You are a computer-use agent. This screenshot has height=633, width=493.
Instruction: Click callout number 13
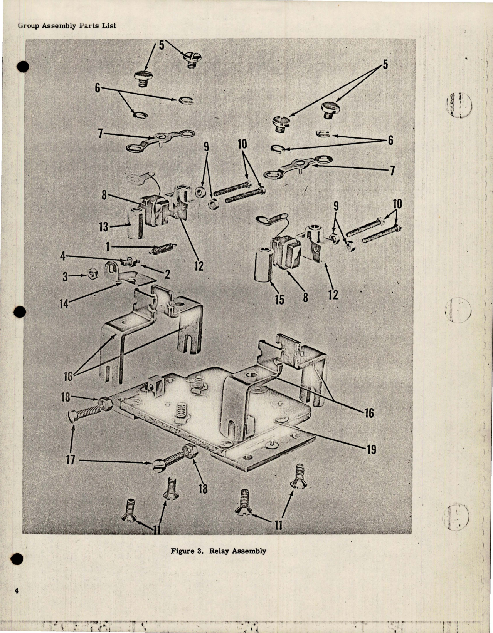point(104,227)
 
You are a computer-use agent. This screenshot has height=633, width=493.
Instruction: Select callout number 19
point(371,449)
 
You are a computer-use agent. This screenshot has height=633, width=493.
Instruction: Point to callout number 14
point(64,304)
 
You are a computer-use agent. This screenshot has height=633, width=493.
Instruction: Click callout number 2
point(168,274)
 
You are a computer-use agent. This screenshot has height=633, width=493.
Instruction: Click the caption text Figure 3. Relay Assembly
point(219,551)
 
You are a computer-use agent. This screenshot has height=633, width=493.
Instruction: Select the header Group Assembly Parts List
point(67,26)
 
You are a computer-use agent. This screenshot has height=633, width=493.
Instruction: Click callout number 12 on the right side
point(333,295)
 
